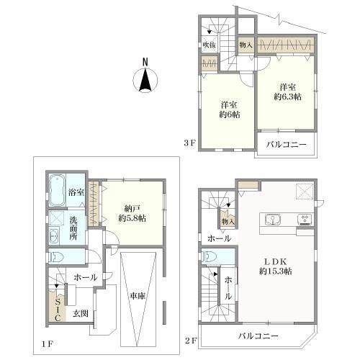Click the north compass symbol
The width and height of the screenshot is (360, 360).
pos(145,79)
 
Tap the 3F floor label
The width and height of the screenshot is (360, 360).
pos(190,143)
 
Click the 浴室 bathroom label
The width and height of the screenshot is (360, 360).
pos(76,193)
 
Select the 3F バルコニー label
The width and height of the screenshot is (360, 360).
pos(287,145)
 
